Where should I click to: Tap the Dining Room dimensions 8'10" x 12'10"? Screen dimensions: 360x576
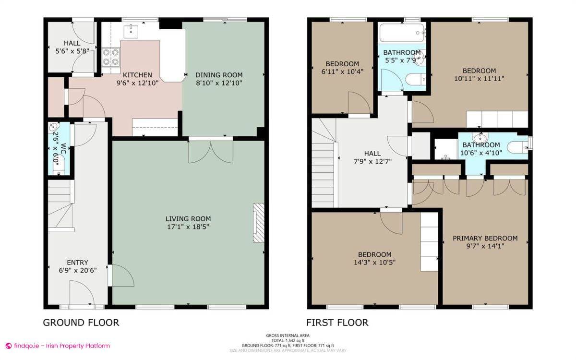click(x=219, y=83)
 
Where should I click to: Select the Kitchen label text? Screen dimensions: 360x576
click(x=137, y=75)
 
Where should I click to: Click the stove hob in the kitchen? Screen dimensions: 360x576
click(x=111, y=58)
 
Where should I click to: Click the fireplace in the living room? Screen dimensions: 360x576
click(x=259, y=222)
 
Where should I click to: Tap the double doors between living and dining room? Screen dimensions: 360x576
click(x=211, y=151)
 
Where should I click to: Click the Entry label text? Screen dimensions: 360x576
click(x=77, y=262)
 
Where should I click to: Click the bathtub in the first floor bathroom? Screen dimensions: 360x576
click(x=402, y=33)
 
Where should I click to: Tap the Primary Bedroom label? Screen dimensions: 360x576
click(x=485, y=238)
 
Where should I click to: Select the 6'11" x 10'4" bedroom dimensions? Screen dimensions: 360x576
click(x=342, y=72)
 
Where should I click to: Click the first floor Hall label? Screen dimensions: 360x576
click(x=372, y=154)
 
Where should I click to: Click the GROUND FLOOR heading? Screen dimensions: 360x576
click(x=81, y=323)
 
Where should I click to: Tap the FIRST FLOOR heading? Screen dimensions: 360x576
click(x=337, y=323)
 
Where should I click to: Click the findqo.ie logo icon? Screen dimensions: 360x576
click(x=8, y=346)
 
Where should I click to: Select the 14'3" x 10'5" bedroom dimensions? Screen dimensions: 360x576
click(x=374, y=262)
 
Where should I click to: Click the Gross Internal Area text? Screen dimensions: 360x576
click(x=288, y=336)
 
